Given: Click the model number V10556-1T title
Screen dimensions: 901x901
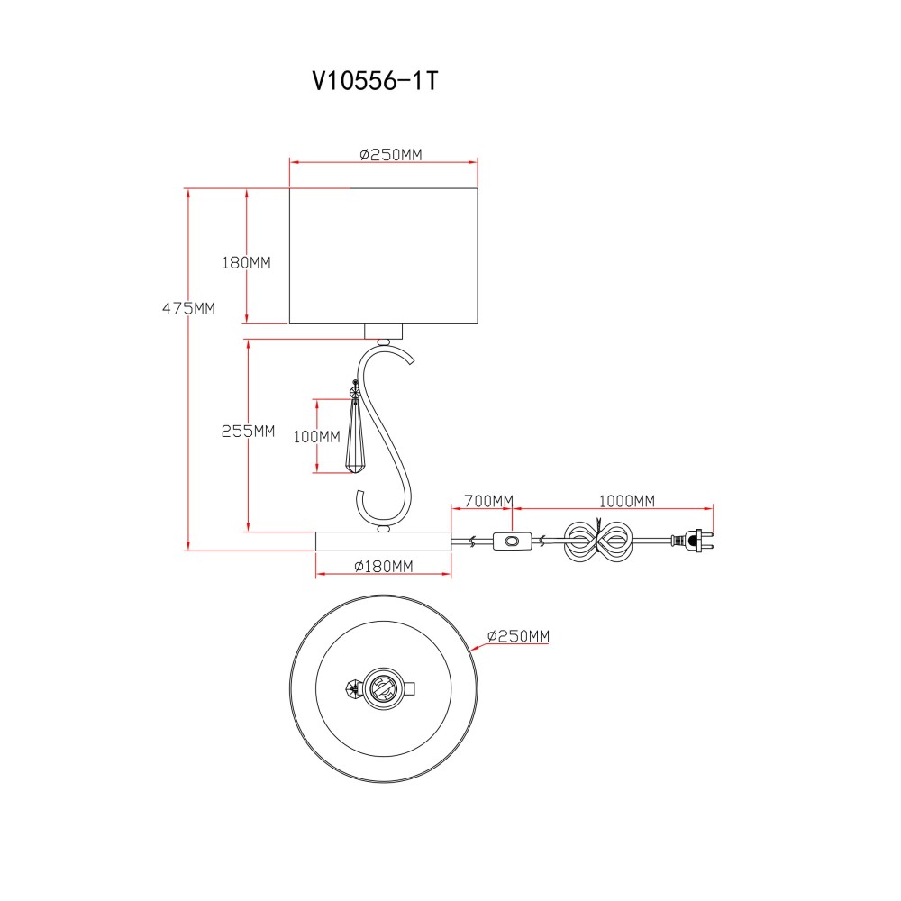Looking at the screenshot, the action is click(375, 81).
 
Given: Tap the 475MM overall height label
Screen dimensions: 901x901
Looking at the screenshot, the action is click(188, 308).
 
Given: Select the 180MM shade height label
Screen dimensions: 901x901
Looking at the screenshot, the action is click(247, 262).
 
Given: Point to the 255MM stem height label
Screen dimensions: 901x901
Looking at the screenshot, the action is click(249, 431).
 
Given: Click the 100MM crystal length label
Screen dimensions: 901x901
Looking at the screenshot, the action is click(316, 437).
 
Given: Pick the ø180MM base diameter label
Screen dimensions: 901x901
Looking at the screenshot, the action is click(384, 567).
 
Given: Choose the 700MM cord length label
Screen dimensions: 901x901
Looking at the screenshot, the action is click(488, 501).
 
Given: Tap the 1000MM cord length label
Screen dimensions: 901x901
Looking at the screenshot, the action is click(627, 501).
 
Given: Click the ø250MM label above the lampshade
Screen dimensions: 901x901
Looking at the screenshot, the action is click(391, 155).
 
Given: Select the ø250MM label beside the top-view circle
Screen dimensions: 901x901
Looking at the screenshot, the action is click(518, 636).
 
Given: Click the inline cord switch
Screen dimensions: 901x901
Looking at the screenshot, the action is click(512, 542).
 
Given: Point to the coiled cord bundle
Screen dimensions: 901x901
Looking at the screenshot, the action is click(598, 540).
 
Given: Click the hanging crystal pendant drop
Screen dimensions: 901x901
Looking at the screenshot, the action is click(354, 437).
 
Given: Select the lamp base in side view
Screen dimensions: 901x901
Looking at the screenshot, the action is click(383, 542).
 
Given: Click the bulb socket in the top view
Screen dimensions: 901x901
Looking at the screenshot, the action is click(381, 687).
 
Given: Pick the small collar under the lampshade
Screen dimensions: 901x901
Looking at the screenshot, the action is click(384, 332).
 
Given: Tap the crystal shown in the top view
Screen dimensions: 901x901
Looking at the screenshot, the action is click(353, 687).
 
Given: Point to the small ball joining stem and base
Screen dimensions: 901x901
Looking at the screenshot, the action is click(384, 528).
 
